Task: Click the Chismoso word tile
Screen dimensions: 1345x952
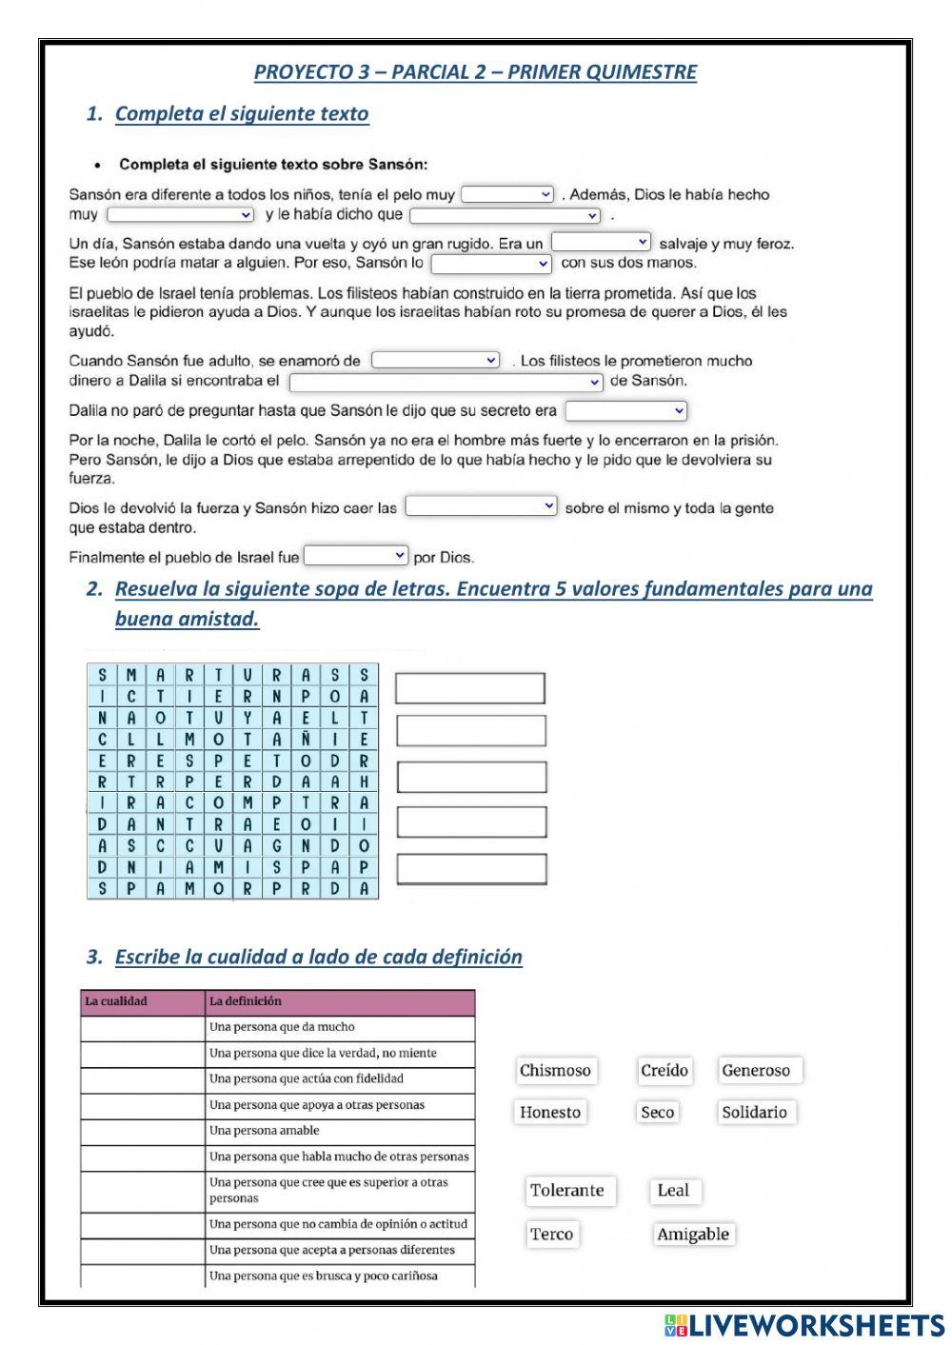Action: pos(555,1071)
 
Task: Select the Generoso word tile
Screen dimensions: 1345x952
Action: pos(756,1071)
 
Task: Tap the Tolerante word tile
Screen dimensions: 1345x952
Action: pos(567,1191)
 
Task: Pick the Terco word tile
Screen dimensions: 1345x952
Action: pos(552,1235)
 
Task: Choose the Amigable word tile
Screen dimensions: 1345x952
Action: pos(693,1235)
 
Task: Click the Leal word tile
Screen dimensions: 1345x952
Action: pos(673,1191)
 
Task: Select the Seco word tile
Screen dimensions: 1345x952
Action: pos(657,1113)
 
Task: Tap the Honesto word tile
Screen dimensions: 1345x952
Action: pos(550,1113)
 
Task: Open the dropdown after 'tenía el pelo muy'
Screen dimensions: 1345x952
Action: pos(507,195)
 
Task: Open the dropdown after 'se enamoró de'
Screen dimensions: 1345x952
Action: pos(435,361)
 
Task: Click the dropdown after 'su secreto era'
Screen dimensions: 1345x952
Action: pos(625,411)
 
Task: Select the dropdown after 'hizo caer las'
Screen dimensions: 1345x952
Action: pos(481,507)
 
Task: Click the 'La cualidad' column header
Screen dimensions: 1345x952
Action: pos(143,1002)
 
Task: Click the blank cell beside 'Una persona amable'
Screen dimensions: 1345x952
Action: pos(143,1132)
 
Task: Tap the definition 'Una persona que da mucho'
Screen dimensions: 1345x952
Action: pos(282,1028)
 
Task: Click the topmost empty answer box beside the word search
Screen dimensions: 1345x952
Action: pos(470,688)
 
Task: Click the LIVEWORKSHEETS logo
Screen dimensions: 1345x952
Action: pos(804,1325)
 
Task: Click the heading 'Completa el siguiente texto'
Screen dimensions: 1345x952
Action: pos(242,114)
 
